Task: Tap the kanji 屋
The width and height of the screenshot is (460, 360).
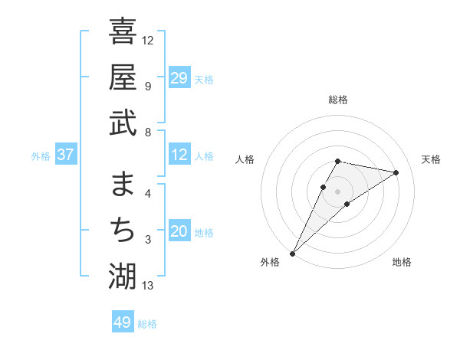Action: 123,77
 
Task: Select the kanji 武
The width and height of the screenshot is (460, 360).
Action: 123,123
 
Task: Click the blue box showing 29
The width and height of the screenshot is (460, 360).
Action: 179,78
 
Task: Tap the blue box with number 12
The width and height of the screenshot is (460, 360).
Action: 179,155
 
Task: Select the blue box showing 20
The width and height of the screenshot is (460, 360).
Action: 179,232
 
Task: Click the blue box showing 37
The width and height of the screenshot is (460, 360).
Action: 66,155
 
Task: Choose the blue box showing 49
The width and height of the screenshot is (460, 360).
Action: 123,322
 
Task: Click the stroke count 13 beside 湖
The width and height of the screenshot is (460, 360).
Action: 148,286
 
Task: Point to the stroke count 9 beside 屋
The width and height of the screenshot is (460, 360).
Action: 147,87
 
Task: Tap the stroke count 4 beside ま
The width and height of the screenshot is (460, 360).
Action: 147,194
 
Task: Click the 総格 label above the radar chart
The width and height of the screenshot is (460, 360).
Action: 337,100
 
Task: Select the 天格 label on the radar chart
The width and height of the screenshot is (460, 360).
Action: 431,159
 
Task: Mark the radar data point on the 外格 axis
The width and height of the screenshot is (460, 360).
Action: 292,253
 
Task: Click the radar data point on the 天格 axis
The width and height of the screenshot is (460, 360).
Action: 396,172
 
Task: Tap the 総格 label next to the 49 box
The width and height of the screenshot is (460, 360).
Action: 147,324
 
